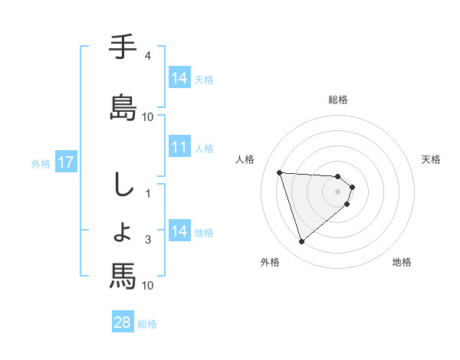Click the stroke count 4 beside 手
tap(147, 56)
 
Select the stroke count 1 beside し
tap(147, 194)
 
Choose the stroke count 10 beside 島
tap(147, 117)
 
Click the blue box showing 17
tap(65, 162)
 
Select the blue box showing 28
tap(123, 322)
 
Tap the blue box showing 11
tap(179, 147)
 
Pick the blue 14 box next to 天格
tap(179, 78)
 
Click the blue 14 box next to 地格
tap(179, 231)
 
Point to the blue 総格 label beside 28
tap(147, 324)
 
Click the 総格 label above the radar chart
tap(338, 100)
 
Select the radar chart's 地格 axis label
tap(402, 262)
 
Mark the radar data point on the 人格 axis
tap(280, 172)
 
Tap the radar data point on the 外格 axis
tap(302, 242)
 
